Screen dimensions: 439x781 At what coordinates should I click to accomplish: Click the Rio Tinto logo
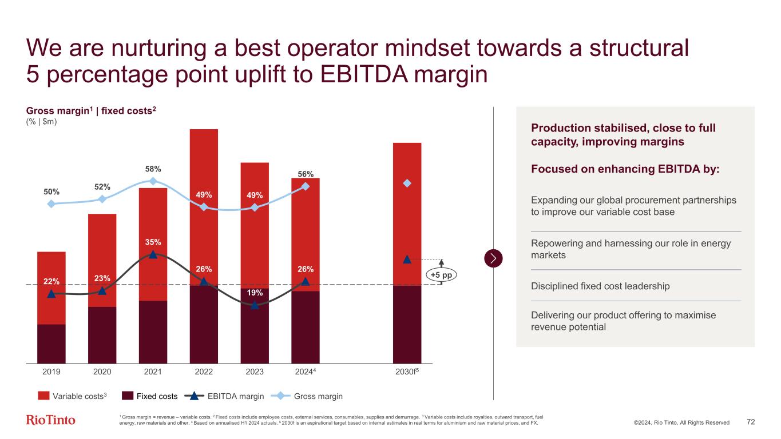[51, 420]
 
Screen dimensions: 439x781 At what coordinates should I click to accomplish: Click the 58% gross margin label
[153, 169]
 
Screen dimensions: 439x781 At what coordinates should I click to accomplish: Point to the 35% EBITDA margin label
[153, 241]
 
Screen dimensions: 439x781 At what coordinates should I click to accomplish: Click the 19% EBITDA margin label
[255, 293]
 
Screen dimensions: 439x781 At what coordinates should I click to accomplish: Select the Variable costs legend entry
[73, 396]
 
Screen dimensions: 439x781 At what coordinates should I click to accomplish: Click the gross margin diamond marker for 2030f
[407, 183]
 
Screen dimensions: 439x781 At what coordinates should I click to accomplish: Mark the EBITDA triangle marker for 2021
[153, 255]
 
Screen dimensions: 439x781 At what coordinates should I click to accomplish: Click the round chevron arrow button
[493, 258]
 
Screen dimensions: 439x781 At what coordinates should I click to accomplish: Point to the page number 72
[751, 422]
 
